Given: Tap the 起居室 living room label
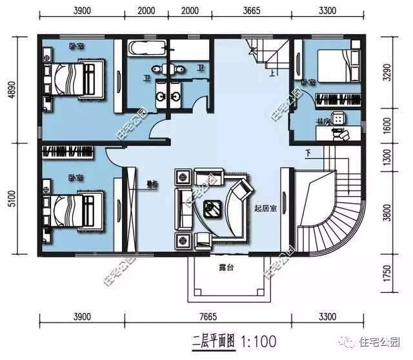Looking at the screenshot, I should tap(266, 208).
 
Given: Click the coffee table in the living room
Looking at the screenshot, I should tap(212, 208).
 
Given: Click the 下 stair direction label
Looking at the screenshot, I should tap(308, 153).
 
